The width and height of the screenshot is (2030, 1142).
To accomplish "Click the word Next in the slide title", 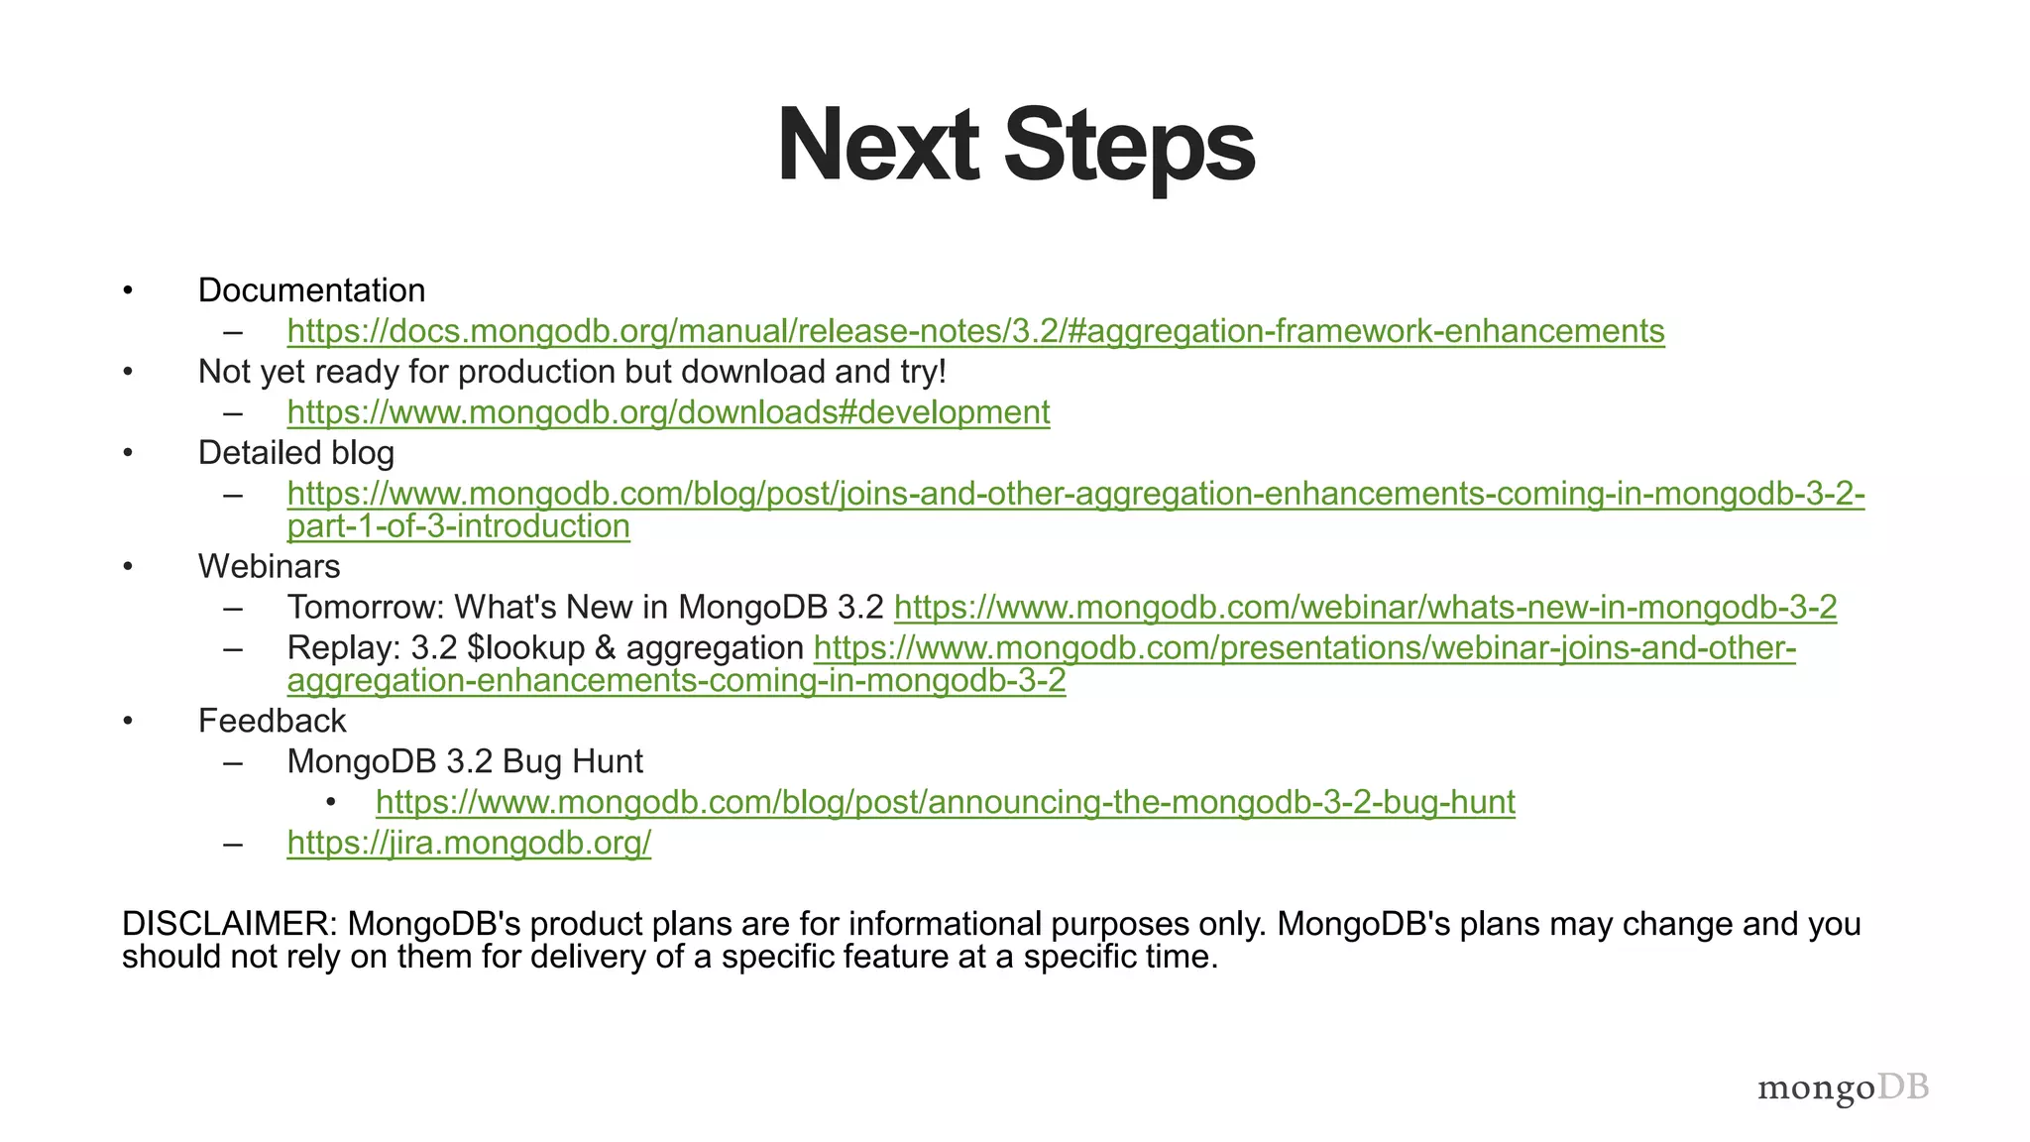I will tap(878, 146).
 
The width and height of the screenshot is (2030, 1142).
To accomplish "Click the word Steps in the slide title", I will tap(1129, 146).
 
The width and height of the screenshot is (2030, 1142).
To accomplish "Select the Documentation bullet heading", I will tap(311, 290).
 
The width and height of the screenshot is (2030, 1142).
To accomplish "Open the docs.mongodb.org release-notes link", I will tap(975, 331).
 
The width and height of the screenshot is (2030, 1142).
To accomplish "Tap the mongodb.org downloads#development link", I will tap(668, 412).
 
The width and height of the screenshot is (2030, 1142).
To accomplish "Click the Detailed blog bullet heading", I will tap(295, 453).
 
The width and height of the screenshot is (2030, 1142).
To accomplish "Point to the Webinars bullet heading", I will tap(269, 567).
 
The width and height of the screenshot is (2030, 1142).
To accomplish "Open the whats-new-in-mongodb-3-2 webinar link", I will tap(1365, 607).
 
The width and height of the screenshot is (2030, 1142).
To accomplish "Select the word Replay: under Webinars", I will tap(343, 648).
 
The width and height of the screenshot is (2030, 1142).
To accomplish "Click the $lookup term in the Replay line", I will tap(526, 648).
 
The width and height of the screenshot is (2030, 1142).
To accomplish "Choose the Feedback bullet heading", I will tap(272, 721).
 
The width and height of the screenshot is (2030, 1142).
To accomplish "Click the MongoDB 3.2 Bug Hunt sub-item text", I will tap(465, 761).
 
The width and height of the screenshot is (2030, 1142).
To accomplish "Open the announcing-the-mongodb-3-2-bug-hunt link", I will tap(945, 802).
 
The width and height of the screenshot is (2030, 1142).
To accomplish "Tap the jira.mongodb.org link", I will tap(469, 843).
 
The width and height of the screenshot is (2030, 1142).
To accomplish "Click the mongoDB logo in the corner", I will tap(1843, 1087).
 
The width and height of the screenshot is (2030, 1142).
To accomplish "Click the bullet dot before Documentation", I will tap(127, 290).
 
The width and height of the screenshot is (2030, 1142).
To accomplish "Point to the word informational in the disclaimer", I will tap(945, 924).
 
